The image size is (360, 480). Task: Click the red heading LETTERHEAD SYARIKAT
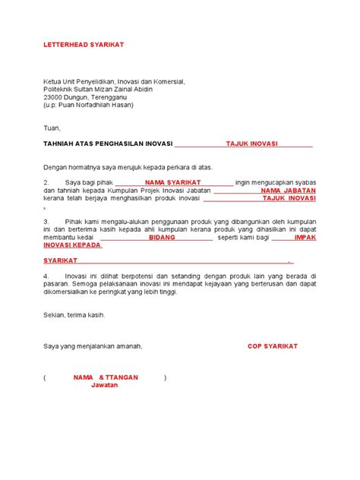(84, 45)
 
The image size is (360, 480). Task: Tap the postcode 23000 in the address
(55, 97)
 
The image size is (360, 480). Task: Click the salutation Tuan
(52, 128)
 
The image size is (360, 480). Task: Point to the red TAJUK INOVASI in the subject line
(251, 144)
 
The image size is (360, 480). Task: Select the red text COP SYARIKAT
(273, 346)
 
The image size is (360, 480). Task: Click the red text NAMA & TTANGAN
(105, 377)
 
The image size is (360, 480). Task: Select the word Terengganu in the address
(115, 97)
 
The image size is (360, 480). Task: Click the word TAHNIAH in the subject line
(64, 144)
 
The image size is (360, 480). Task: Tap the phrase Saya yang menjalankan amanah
(93, 346)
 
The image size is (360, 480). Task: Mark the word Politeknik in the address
(60, 89)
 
